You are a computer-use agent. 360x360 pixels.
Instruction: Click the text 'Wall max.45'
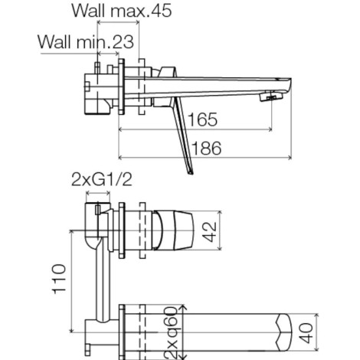122,11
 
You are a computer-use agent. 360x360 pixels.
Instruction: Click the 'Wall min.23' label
86,41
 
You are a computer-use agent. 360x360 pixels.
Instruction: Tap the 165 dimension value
203,119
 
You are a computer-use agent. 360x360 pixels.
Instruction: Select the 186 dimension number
206,148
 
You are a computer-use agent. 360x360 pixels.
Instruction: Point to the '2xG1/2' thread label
102,179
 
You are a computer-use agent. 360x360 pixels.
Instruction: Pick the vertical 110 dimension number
59,279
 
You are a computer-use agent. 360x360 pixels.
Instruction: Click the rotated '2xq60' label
171,332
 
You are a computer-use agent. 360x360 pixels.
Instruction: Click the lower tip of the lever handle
191,174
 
